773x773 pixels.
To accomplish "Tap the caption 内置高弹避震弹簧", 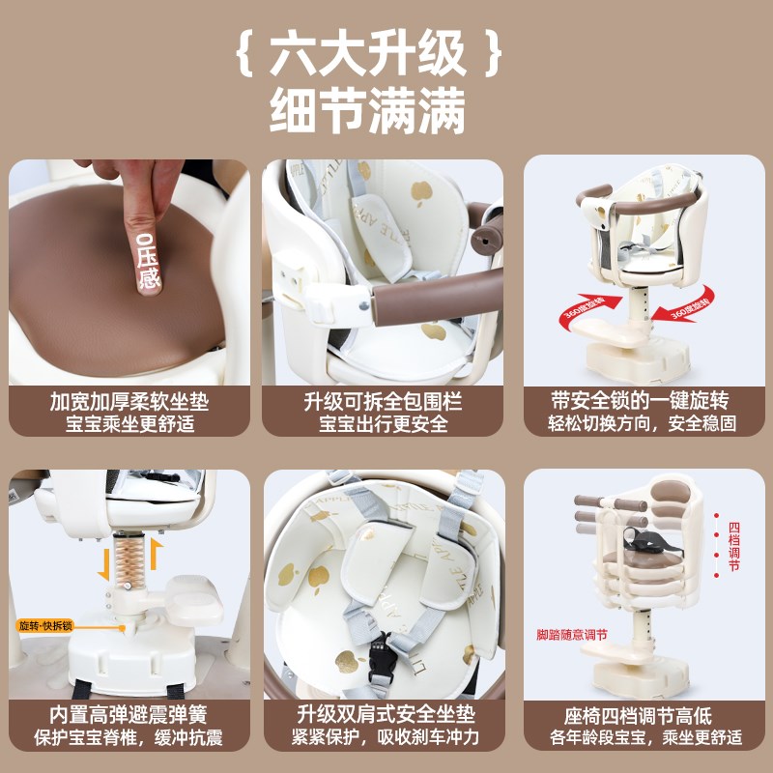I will [129, 716].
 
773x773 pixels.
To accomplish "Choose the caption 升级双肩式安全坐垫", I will [384, 716].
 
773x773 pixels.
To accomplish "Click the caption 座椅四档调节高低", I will [639, 716].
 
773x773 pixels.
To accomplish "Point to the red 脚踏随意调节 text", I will [572, 635].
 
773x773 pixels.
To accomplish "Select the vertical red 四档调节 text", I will [734, 547].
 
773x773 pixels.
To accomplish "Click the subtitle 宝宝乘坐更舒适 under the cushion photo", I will [129, 423].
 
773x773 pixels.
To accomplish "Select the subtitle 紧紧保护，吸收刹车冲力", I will [384, 738].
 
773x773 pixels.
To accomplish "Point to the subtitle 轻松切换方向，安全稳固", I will [639, 423].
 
